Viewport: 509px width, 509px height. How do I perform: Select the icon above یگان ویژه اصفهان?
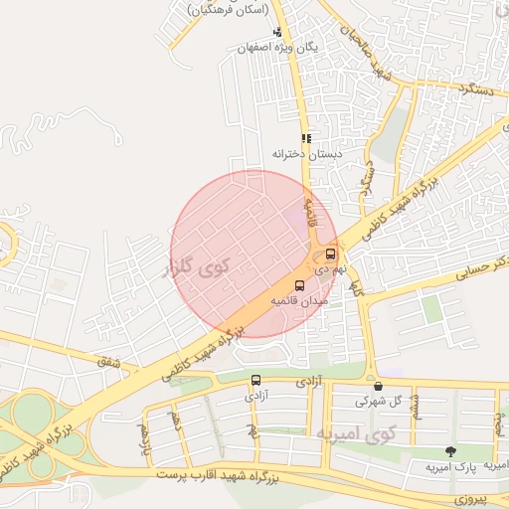click(276, 31)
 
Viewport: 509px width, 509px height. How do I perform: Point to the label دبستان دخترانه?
click(306, 154)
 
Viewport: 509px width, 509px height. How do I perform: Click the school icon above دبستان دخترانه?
click(306, 138)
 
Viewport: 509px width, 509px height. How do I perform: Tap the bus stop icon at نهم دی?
click(331, 254)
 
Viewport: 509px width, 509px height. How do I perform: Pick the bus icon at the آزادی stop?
click(256, 380)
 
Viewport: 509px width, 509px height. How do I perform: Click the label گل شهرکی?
click(379, 402)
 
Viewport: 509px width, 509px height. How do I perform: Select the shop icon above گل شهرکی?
click(378, 386)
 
